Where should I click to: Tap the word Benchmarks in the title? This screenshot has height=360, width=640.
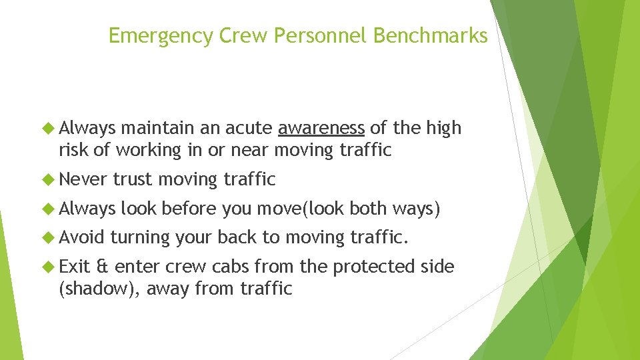point(431,35)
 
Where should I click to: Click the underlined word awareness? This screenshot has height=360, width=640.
point(321,128)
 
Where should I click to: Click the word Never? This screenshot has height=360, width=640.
point(83,179)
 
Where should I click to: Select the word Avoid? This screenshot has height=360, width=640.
point(82,237)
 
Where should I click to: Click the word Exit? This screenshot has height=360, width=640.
point(74,267)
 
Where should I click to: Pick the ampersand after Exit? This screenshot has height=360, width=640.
point(102,267)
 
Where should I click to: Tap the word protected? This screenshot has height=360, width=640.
point(372,267)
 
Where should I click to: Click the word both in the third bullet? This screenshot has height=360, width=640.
point(368,208)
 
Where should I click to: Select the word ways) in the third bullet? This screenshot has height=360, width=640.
point(416,208)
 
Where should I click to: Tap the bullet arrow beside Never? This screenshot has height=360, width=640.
point(49,179)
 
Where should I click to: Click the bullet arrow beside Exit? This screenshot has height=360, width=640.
point(49,267)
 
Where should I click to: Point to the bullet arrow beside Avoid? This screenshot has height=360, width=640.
point(49,237)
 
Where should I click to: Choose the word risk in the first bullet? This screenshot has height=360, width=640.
point(73,150)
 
